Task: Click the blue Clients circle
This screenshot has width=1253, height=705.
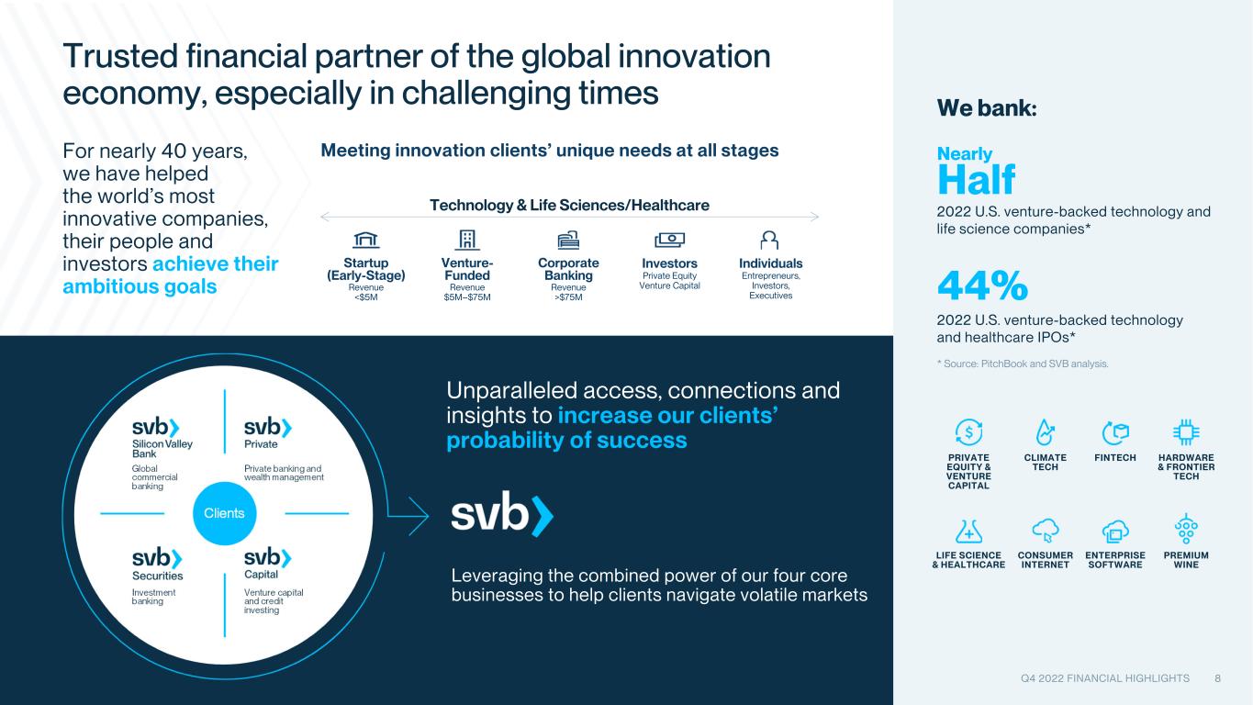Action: (x=224, y=513)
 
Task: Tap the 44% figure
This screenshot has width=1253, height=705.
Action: (x=982, y=285)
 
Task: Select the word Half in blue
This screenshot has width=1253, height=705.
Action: (x=976, y=180)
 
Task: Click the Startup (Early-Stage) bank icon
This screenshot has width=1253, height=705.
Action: (x=366, y=240)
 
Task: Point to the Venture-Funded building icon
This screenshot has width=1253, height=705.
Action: (x=467, y=240)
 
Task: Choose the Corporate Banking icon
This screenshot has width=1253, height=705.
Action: (x=568, y=240)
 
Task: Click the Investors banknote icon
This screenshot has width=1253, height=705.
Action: (x=669, y=240)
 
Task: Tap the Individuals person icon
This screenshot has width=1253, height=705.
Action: (x=769, y=240)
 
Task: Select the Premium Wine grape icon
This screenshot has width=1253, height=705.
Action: (x=1186, y=529)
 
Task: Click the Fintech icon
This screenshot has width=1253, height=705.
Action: (x=1114, y=432)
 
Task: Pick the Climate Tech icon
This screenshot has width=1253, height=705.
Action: (x=1045, y=432)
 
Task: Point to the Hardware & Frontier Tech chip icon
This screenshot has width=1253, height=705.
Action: (x=1186, y=432)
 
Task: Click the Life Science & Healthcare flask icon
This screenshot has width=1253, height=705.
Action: (x=968, y=531)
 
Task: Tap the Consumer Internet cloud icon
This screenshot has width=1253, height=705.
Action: (x=1045, y=530)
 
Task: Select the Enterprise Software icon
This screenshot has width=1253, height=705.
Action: (x=1114, y=531)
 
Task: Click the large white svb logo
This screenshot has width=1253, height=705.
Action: (x=502, y=514)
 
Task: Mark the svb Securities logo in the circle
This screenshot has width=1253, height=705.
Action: (x=157, y=557)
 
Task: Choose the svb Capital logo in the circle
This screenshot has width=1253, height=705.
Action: (x=268, y=557)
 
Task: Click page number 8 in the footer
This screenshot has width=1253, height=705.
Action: (x=1217, y=678)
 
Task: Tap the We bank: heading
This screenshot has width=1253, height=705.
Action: (x=987, y=107)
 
